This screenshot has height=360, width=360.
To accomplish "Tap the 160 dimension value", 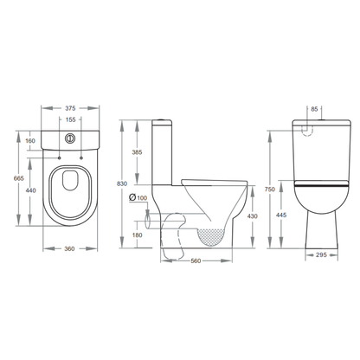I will point(30,141).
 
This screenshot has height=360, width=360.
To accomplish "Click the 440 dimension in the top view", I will point(30,190).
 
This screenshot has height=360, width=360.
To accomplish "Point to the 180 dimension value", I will point(138,234).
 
